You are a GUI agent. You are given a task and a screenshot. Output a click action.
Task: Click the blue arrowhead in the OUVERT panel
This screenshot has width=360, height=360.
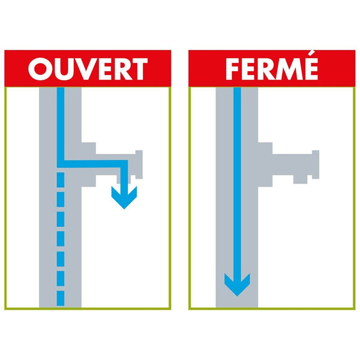(x=124, y=197)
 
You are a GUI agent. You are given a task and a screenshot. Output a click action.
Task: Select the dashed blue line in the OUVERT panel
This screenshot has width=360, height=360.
(x=60, y=240)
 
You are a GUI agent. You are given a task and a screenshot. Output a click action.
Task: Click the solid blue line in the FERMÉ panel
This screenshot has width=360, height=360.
(x=237, y=180)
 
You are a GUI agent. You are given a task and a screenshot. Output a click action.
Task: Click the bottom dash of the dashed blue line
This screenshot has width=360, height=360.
(x=60, y=298)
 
